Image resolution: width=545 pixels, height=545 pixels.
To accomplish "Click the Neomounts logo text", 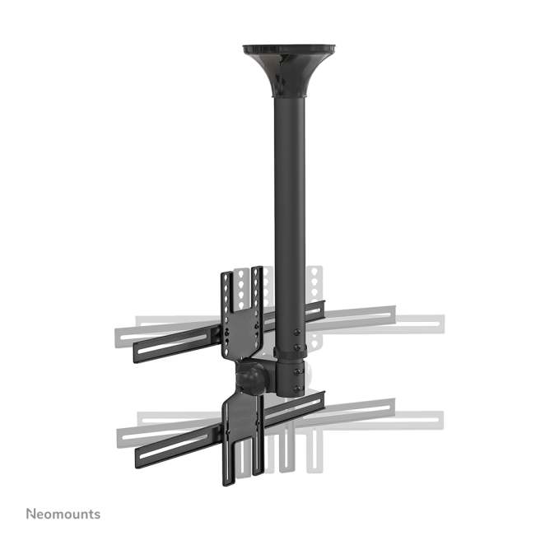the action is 63,514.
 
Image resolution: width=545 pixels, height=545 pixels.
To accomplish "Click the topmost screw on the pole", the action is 297,333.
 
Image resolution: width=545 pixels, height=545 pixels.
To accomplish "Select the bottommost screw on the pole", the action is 297,389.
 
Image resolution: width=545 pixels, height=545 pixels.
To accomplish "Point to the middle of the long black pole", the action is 290,222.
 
